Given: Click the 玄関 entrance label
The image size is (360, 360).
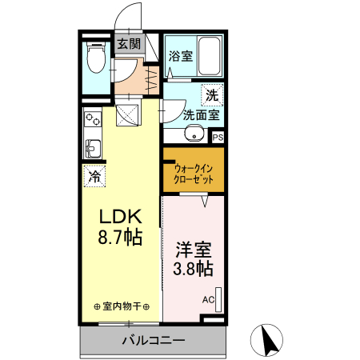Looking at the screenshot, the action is click(x=129, y=43).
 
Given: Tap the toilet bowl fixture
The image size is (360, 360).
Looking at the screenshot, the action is click(x=96, y=57).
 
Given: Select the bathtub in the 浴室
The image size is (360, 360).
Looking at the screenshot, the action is click(x=210, y=56).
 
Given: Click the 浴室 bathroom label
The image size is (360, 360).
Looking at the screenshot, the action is click(x=181, y=56).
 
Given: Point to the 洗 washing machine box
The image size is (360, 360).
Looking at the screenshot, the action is click(x=212, y=95).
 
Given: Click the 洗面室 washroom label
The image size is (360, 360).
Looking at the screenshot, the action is click(x=202, y=115).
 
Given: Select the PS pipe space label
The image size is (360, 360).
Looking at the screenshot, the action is click(x=218, y=138).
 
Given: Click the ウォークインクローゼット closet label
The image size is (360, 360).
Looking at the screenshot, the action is click(x=194, y=174).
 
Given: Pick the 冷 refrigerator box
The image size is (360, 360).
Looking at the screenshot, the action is click(x=95, y=176).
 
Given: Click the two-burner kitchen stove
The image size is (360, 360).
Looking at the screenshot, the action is click(x=93, y=119).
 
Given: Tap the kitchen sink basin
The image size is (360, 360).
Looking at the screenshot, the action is click(x=93, y=149).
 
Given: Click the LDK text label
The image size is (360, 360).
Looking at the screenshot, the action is click(x=120, y=217).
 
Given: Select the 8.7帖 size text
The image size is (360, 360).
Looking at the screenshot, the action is click(x=120, y=237).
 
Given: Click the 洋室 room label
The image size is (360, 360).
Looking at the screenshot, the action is click(x=194, y=250).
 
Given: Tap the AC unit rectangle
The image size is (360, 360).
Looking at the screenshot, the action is click(x=218, y=300).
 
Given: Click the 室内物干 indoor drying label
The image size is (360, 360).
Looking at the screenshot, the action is click(x=122, y=306).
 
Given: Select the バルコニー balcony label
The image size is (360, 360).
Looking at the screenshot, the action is click(x=154, y=340).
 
